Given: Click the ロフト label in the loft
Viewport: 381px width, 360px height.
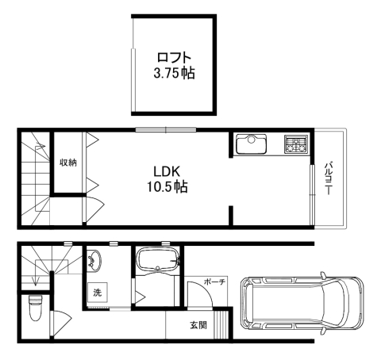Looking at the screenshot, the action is click(174, 57).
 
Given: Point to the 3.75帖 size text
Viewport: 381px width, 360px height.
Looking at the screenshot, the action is click(174, 73).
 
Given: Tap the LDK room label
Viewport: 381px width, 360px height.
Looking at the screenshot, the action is click(167, 171).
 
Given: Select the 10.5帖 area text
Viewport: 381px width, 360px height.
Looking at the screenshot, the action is click(167, 187).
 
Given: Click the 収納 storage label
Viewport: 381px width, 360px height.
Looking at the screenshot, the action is click(68, 163).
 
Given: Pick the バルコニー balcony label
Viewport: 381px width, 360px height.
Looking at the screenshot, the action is click(329, 178).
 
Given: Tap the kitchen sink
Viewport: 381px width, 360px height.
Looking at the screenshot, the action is click(251, 144).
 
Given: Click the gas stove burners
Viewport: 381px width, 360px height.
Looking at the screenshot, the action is click(296, 144).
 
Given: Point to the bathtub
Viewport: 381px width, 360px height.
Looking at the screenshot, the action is click(158, 260).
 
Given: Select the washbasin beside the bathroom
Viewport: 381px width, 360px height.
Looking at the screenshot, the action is click(94, 261).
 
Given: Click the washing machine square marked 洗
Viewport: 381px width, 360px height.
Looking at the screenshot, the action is click(98, 293).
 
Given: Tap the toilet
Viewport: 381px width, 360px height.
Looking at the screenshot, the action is click(35, 308).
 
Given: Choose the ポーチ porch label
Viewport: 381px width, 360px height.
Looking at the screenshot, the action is click(214, 282).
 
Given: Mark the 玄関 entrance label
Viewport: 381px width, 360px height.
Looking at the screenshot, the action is click(198, 325).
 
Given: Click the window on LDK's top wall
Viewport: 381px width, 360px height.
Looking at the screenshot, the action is click(166, 129).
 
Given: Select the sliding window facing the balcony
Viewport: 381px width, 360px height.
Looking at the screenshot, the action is click(313, 195).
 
